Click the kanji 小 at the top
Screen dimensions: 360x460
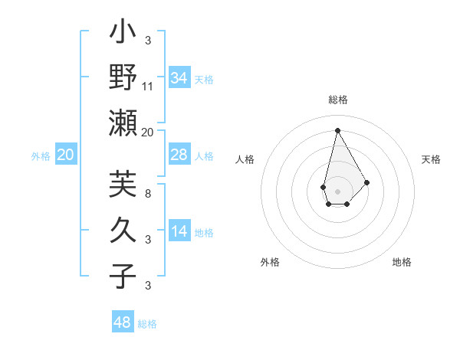123,34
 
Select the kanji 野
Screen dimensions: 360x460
123,78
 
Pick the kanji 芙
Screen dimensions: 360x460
123,185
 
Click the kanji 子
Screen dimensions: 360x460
123,276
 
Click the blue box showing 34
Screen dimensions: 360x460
179,78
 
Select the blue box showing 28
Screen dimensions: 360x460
179,155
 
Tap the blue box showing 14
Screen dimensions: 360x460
179,231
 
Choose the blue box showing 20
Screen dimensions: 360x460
66,155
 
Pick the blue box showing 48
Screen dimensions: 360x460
123,322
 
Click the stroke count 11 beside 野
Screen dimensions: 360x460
148,86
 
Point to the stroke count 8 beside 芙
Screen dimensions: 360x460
148,193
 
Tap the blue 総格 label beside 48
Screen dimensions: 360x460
147,324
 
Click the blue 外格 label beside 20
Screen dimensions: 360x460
41,156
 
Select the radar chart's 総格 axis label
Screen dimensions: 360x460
337,100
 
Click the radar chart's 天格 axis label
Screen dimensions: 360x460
431,159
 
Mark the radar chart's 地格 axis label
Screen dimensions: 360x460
402,262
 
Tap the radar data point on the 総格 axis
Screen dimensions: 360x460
337,129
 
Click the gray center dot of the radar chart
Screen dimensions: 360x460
337,190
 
